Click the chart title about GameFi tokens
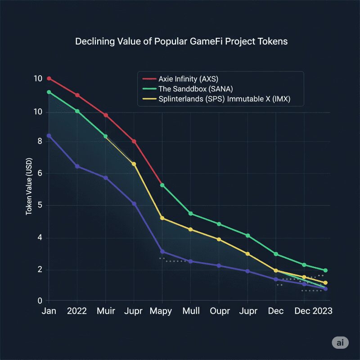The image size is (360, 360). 181,42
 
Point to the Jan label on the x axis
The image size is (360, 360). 49,311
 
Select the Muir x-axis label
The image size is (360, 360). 106,311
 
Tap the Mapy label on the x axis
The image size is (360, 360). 162,311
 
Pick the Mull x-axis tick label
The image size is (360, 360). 191,311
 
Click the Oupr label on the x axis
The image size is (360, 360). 219,311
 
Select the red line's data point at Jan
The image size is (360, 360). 49,79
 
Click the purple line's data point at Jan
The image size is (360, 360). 49,135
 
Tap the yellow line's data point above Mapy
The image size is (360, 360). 162,218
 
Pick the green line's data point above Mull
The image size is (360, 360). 191,213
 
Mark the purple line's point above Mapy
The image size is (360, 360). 162,252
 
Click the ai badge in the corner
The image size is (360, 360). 340,342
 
